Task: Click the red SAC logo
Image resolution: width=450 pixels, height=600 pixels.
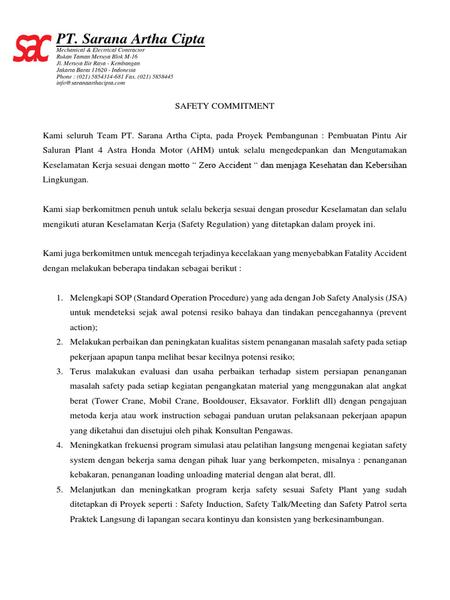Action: point(32,49)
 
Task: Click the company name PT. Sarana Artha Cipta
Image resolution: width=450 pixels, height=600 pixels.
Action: point(130,39)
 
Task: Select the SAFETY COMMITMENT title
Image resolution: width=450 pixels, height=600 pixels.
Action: point(225,106)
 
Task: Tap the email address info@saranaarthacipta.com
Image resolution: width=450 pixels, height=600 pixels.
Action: point(91,83)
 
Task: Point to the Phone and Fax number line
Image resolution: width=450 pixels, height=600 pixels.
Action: point(115,77)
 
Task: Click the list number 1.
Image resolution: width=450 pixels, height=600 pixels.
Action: point(60,298)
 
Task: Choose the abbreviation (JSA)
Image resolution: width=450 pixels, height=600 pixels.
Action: point(395,298)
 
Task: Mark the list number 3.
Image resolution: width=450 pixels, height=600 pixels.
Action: point(60,371)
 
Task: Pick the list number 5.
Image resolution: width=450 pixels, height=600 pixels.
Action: point(60,489)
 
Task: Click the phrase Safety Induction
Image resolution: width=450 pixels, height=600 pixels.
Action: point(211,504)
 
